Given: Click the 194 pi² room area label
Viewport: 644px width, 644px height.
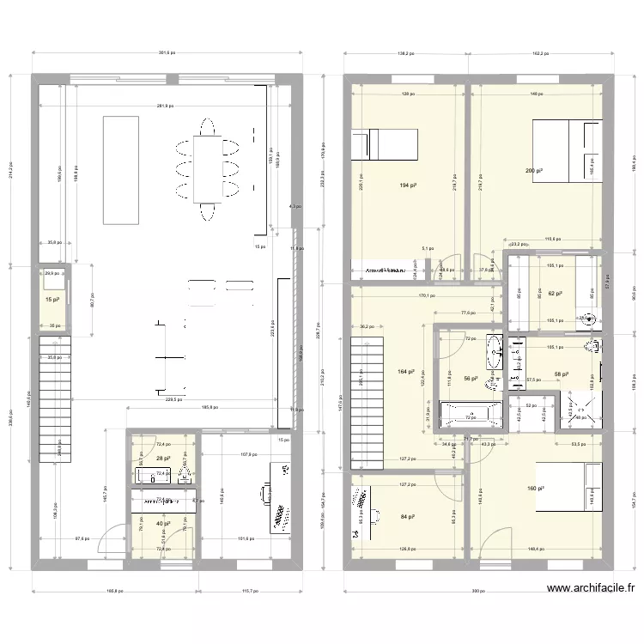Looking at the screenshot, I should (x=407, y=185).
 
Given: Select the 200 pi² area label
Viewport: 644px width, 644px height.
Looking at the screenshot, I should (x=534, y=172).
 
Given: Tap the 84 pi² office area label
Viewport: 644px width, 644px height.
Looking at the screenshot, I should (x=408, y=517).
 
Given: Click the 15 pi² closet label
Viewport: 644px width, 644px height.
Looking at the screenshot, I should (x=52, y=300).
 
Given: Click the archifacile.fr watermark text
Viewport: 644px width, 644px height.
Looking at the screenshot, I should (x=591, y=588).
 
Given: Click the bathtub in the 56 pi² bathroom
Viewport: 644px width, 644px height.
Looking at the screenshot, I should (x=469, y=416).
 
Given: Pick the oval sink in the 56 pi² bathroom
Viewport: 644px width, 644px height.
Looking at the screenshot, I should (x=495, y=349).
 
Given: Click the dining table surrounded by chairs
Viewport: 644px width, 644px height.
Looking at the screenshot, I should (x=206, y=169).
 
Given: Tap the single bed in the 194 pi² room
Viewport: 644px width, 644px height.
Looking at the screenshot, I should (x=384, y=144).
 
